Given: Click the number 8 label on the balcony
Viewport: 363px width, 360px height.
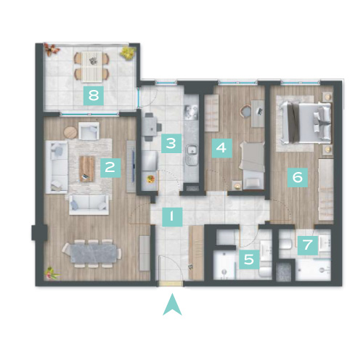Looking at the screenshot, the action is click(94, 96).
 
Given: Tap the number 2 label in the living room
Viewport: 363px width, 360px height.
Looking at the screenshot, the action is click(110, 168).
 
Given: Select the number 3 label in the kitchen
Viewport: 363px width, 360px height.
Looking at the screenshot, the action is click(171, 143).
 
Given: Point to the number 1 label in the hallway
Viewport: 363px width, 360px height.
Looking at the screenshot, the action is click(172, 217).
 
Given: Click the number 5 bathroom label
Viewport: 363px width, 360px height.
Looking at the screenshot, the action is click(249, 260).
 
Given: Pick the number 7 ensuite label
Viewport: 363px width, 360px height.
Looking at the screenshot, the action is click(308, 245).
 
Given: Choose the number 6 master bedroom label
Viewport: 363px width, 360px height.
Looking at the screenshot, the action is click(298, 178).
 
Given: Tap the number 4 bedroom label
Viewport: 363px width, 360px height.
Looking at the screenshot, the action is click(222, 148).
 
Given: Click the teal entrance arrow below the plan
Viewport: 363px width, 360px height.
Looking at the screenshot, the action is click(172, 304).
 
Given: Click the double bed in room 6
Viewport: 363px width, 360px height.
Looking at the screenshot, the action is click(306, 123).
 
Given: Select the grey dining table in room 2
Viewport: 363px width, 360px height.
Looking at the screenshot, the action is click(93, 253).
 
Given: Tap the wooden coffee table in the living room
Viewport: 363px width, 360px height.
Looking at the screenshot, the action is click(86, 168).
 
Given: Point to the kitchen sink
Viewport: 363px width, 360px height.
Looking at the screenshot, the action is click(192, 155).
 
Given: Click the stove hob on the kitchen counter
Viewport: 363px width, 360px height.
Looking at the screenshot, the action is click(191, 112).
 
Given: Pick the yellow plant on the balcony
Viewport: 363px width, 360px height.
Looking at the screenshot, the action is click(128, 52).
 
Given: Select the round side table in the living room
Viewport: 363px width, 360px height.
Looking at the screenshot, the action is click(70, 133).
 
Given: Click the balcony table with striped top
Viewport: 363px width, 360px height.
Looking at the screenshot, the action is click(91, 66).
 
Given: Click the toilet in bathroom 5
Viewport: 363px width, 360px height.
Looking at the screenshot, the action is click(266, 271).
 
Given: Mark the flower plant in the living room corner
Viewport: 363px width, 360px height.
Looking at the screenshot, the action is click(51, 273).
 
